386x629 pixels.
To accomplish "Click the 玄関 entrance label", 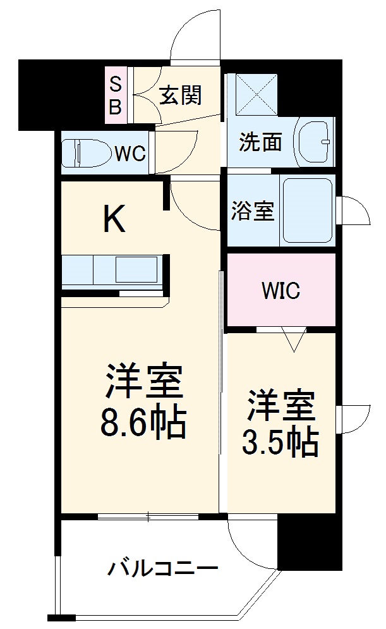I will (180, 95).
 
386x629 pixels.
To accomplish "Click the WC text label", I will (130, 153).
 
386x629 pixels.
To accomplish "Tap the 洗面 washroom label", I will (260, 143).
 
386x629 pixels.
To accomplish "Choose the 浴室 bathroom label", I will (253, 212).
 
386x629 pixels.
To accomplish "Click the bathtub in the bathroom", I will (308, 211).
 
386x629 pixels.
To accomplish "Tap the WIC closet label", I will (281, 291).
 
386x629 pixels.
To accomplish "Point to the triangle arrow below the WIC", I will (294, 341).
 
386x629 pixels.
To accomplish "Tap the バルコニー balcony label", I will (162, 567).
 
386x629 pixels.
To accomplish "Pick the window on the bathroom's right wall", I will (351, 210).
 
